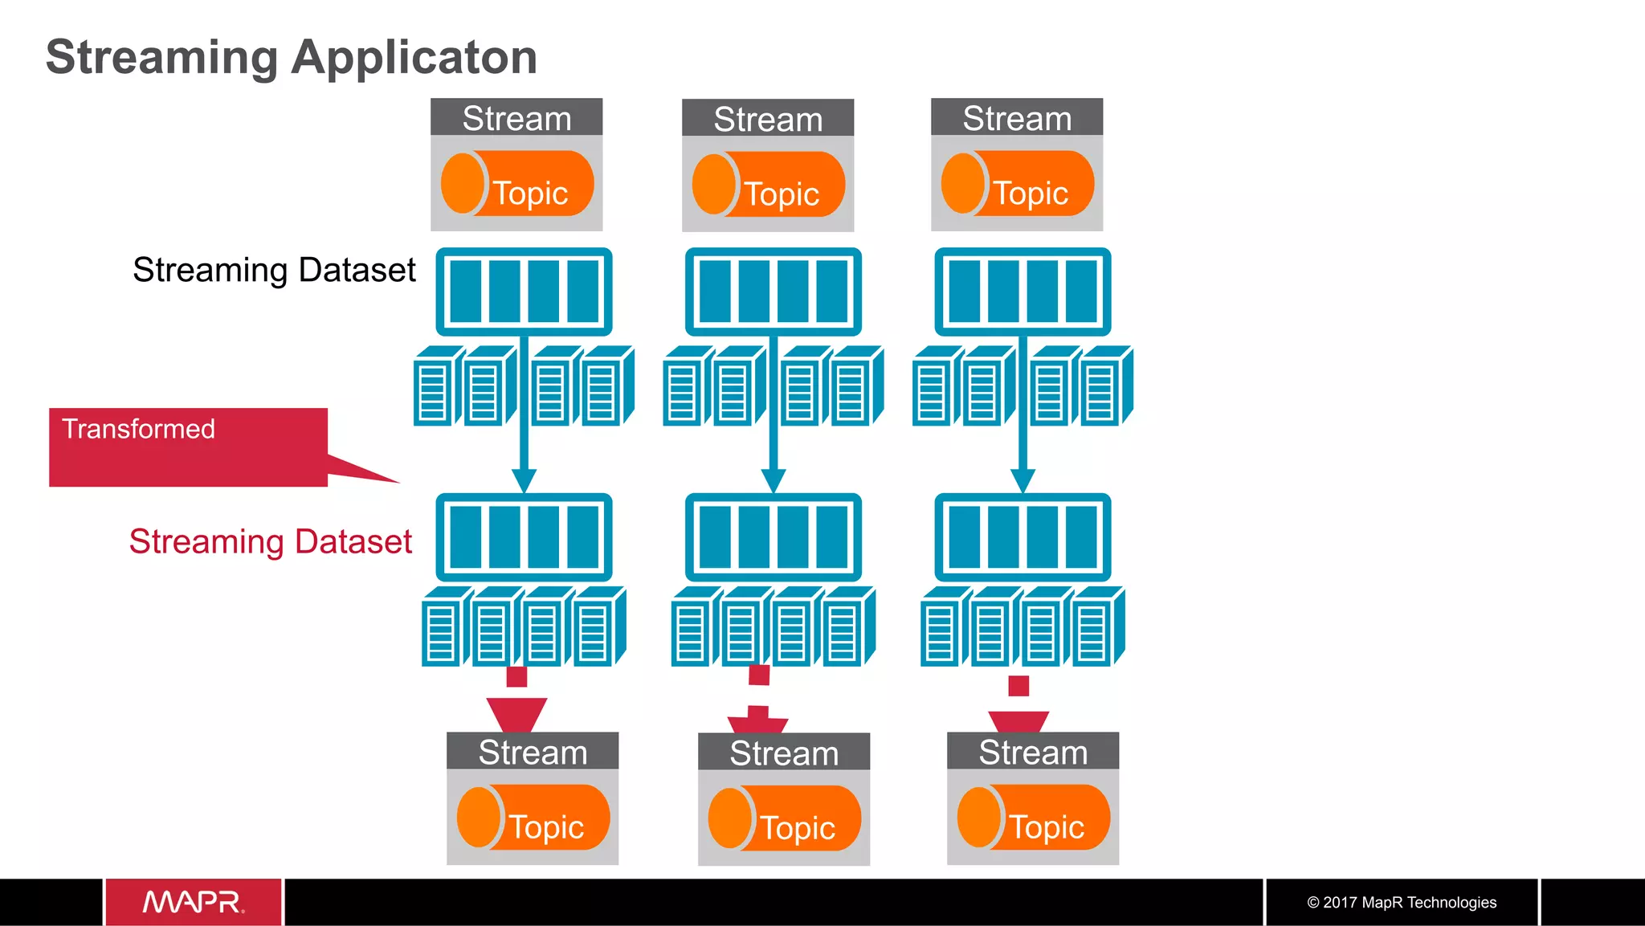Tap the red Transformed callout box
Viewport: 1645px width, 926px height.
[x=188, y=447]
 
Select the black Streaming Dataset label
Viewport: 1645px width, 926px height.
[x=274, y=270]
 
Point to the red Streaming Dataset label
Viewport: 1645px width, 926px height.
[x=271, y=541]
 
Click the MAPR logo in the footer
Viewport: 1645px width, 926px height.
[x=193, y=902]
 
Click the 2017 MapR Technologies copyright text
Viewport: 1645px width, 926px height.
[x=1402, y=902]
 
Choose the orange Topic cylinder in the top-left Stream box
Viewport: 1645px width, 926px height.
[x=517, y=184]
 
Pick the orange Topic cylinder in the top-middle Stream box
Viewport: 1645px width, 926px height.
[x=769, y=185]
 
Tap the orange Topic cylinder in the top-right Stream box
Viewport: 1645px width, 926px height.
[x=1018, y=184]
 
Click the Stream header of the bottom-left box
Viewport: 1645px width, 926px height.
[x=533, y=752]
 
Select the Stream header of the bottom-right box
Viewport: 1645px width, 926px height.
[x=1033, y=752]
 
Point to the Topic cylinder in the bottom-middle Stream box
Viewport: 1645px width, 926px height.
[x=785, y=818]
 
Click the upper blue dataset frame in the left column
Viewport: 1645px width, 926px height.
[x=524, y=292]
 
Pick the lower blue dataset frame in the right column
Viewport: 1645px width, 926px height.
[x=1023, y=537]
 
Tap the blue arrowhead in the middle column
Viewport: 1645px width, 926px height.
[x=774, y=480]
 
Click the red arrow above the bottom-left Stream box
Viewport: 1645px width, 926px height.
[x=516, y=713]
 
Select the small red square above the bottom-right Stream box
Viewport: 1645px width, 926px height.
[x=1018, y=685]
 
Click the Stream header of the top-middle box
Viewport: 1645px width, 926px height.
[x=768, y=119]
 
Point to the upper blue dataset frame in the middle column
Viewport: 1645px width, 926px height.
[x=774, y=292]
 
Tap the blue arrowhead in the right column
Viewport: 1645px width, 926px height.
[x=1023, y=480]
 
